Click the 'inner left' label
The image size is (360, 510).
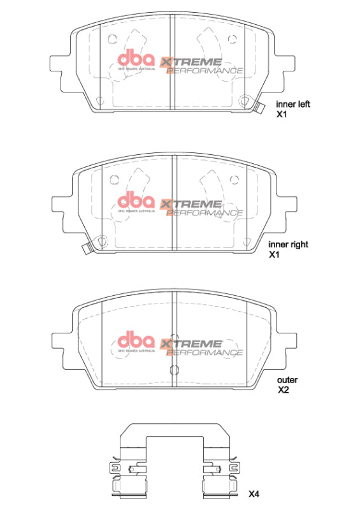pos(292,105)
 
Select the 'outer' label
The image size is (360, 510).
pos(287,380)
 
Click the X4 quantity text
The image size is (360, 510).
pos(254,494)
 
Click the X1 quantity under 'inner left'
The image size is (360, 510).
pos(282,115)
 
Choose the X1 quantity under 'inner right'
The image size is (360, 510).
pos(275,254)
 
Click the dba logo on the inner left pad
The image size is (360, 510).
pos(136,61)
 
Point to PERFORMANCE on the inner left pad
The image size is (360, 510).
pos(205,71)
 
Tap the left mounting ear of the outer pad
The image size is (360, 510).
pos(59,342)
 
